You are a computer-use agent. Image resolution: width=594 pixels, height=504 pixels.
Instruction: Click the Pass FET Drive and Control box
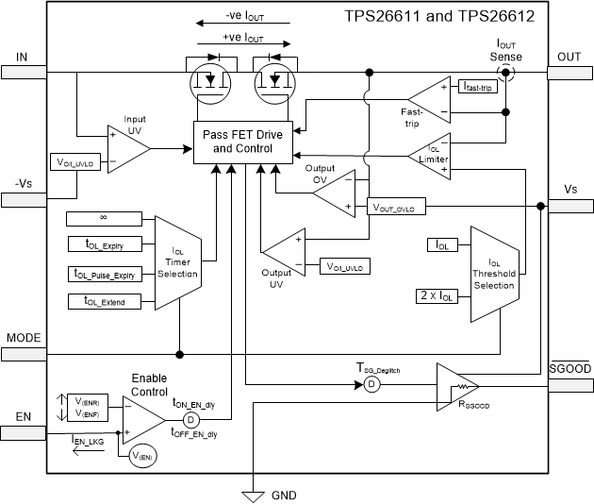tap(244, 142)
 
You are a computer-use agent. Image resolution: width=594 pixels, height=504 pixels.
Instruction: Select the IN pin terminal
tap(22, 71)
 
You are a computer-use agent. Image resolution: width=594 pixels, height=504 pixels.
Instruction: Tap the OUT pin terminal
tap(570, 71)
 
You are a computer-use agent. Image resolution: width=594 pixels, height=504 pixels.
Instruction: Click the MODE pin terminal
tap(22, 353)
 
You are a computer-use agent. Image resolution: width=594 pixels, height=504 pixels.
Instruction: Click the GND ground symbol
tap(253, 493)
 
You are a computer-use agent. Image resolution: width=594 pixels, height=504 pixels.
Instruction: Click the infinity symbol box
tap(103, 219)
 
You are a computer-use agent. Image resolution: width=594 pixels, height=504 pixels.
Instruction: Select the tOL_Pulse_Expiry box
tap(103, 274)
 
